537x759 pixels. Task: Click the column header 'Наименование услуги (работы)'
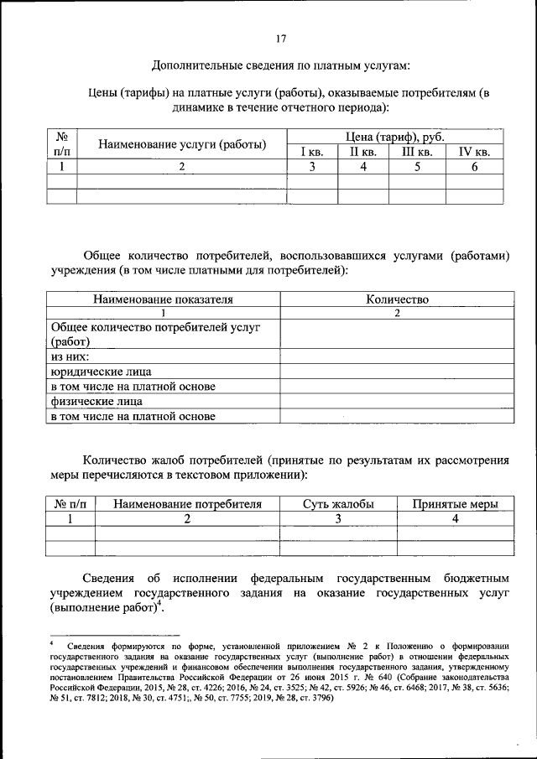[x=182, y=144]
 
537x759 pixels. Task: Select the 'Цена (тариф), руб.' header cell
[x=395, y=137]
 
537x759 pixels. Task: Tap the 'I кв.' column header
[x=312, y=152]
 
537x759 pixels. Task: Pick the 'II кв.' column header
[x=363, y=152]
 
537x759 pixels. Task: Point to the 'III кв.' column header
[x=417, y=152]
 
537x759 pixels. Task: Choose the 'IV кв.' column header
[x=474, y=152]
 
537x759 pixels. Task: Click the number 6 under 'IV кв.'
[x=474, y=167]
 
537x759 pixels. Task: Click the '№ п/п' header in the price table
[x=61, y=143]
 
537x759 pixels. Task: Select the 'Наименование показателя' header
[x=163, y=299]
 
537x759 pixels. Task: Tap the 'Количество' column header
[x=397, y=299]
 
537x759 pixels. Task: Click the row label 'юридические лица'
[x=101, y=371]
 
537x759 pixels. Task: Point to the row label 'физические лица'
[x=96, y=401]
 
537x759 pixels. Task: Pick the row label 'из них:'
[x=70, y=356]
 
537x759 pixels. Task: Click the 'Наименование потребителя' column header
[x=187, y=504]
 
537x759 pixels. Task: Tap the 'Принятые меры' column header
[x=456, y=504]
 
